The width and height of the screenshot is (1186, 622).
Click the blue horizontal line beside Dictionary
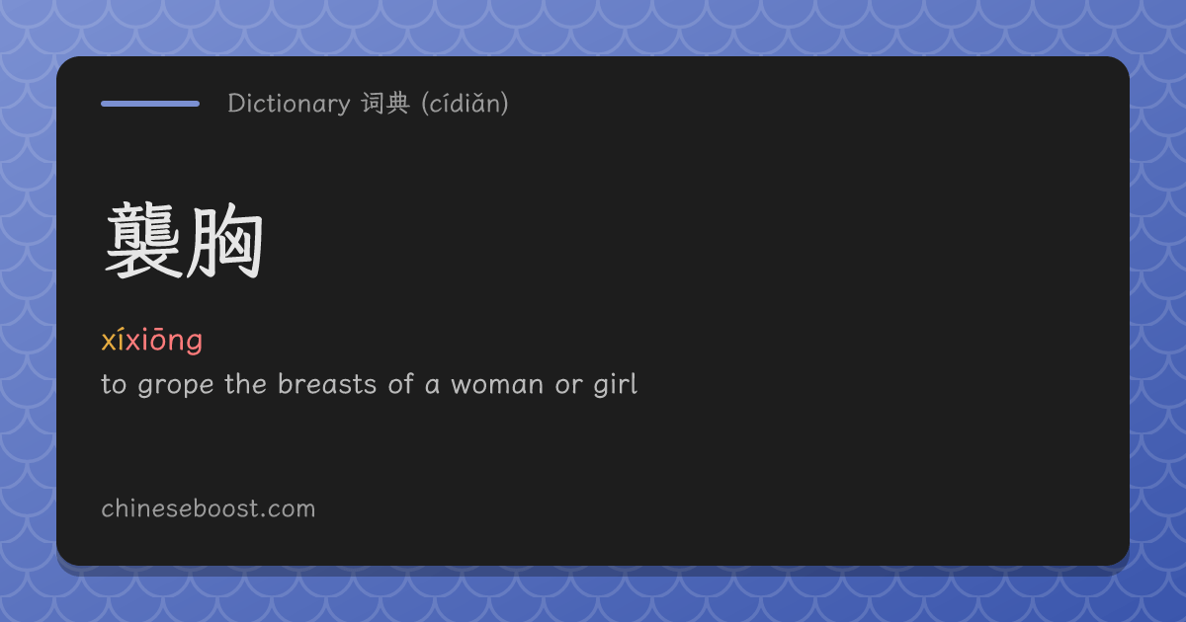(x=150, y=104)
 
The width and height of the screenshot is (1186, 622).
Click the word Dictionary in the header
(x=289, y=104)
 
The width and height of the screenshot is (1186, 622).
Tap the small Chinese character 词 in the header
(x=373, y=103)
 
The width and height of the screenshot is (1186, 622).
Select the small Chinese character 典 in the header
(x=397, y=103)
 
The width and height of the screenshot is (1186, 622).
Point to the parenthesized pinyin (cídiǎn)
(x=465, y=104)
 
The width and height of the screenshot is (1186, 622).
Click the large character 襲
(x=143, y=240)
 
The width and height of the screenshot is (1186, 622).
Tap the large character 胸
(x=224, y=241)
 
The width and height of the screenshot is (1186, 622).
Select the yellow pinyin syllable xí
(x=113, y=340)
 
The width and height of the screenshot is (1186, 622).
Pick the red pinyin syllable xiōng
(x=164, y=341)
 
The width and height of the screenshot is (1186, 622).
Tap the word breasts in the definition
(x=327, y=384)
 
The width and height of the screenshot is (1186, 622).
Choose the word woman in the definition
(x=497, y=384)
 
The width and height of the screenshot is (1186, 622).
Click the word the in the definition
(x=246, y=384)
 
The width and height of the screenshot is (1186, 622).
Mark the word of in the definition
(x=400, y=383)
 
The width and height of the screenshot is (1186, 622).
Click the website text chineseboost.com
(x=209, y=508)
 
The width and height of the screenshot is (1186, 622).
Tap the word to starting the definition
(x=114, y=384)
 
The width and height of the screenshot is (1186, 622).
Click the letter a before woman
(x=432, y=386)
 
